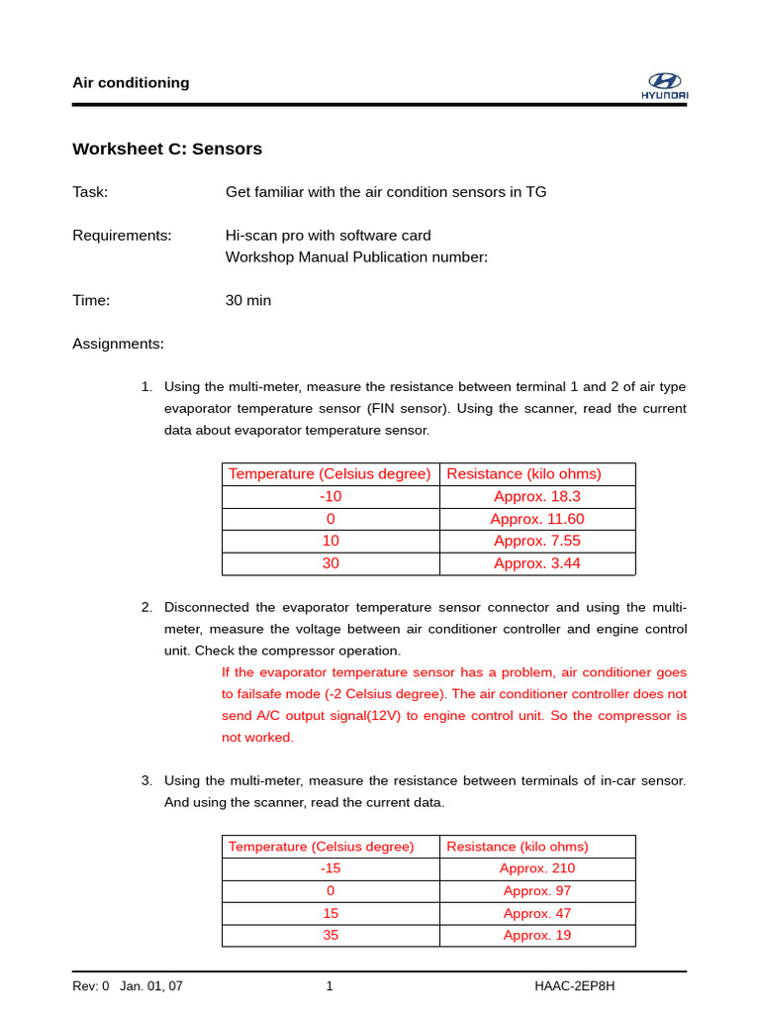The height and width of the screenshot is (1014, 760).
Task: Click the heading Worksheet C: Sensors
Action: tap(167, 150)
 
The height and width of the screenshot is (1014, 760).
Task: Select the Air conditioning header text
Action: tap(131, 83)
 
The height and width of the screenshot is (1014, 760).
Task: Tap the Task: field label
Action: tap(90, 192)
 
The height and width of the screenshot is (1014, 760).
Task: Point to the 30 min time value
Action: tap(248, 300)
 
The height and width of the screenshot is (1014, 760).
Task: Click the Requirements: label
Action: tap(122, 236)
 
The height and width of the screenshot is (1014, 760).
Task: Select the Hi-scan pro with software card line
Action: tap(329, 236)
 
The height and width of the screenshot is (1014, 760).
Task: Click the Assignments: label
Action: tap(118, 344)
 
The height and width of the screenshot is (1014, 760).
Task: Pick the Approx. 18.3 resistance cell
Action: tap(537, 497)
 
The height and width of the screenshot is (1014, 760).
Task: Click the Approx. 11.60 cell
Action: tap(537, 519)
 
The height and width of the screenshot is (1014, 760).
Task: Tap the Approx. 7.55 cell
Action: tap(537, 541)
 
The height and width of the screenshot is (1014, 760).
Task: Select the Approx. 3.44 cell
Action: tap(537, 563)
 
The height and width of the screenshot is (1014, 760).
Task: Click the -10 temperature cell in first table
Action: tap(331, 497)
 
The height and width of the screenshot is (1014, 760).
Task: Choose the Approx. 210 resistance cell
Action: tap(537, 868)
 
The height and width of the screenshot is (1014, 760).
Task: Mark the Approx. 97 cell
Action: tap(537, 891)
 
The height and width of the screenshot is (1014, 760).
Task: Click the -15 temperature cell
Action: tap(331, 868)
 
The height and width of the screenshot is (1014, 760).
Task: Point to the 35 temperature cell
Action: tap(331, 936)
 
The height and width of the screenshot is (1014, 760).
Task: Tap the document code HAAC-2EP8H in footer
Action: tap(575, 986)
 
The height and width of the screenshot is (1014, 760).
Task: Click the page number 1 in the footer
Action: tap(330, 986)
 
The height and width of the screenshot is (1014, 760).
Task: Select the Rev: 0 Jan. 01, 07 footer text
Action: tap(128, 986)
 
